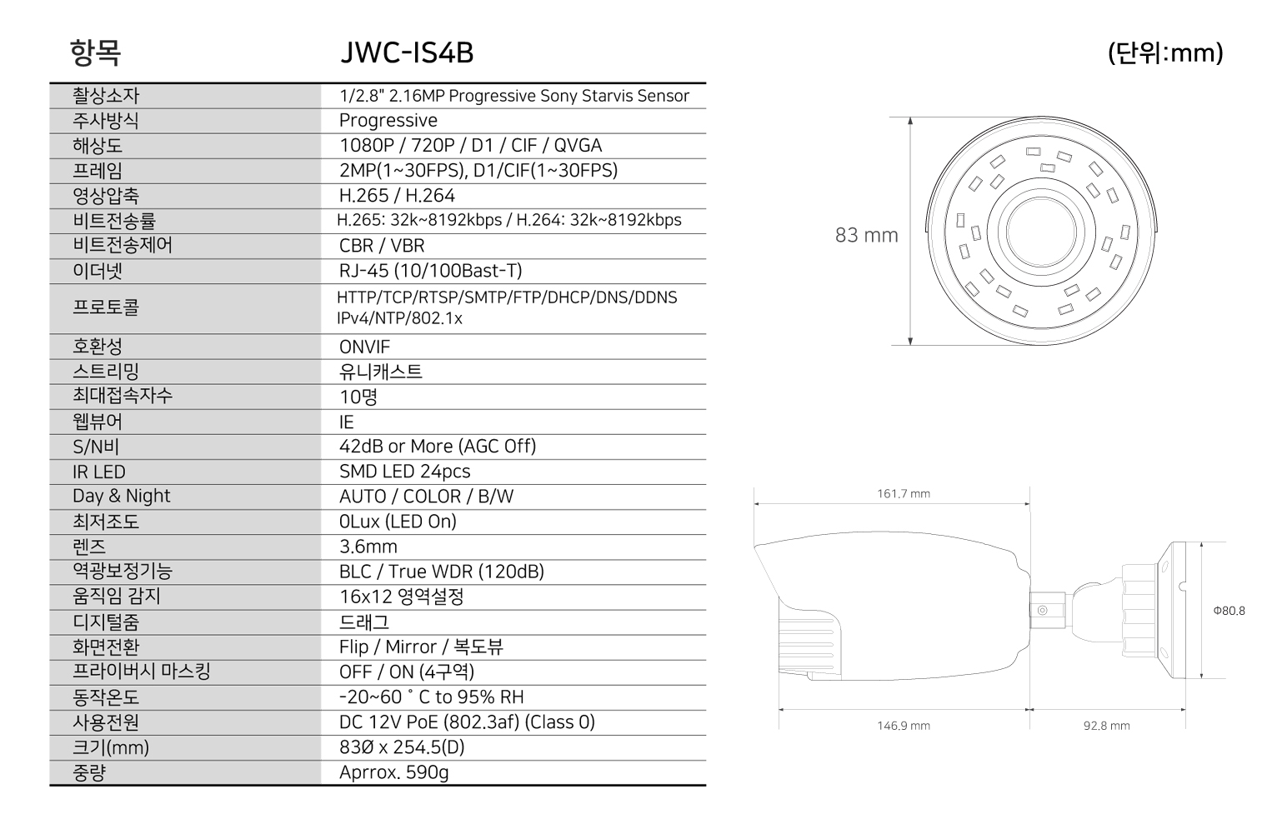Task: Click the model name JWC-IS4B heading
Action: point(407,53)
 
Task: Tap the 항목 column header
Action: point(95,53)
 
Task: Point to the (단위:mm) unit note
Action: point(1165,53)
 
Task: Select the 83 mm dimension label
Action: point(867,235)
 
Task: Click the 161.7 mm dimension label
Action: point(904,493)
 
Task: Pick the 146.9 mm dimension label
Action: point(904,726)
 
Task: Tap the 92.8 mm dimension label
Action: point(1106,726)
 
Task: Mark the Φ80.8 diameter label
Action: point(1229,611)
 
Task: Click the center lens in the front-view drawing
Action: point(1041,232)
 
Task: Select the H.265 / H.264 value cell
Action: point(397,196)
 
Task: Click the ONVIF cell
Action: point(364,347)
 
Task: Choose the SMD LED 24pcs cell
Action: point(404,472)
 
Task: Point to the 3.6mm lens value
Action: point(368,547)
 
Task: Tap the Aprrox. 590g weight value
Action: point(393,772)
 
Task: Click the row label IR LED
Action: point(99,472)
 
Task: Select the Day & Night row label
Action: point(121,497)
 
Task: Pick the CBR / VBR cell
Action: point(382,245)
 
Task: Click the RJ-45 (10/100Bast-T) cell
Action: point(430,271)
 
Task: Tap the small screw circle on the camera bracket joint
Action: point(1043,611)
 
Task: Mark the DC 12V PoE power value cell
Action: point(467,722)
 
